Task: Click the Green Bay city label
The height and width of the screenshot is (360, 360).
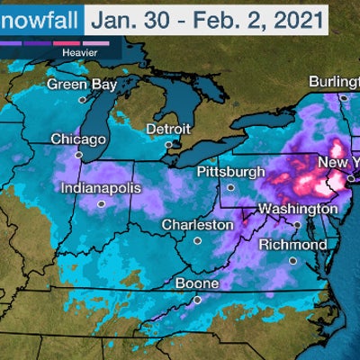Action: (x=80, y=85)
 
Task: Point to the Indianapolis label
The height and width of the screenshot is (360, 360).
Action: (x=101, y=189)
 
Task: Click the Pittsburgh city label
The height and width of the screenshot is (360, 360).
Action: (x=231, y=171)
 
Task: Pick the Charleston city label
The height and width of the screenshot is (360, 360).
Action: (x=193, y=224)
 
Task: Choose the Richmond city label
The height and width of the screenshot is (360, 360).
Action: (x=292, y=245)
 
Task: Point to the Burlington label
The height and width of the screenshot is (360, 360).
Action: (x=333, y=82)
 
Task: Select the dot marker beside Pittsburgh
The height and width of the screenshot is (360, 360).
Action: (x=230, y=187)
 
